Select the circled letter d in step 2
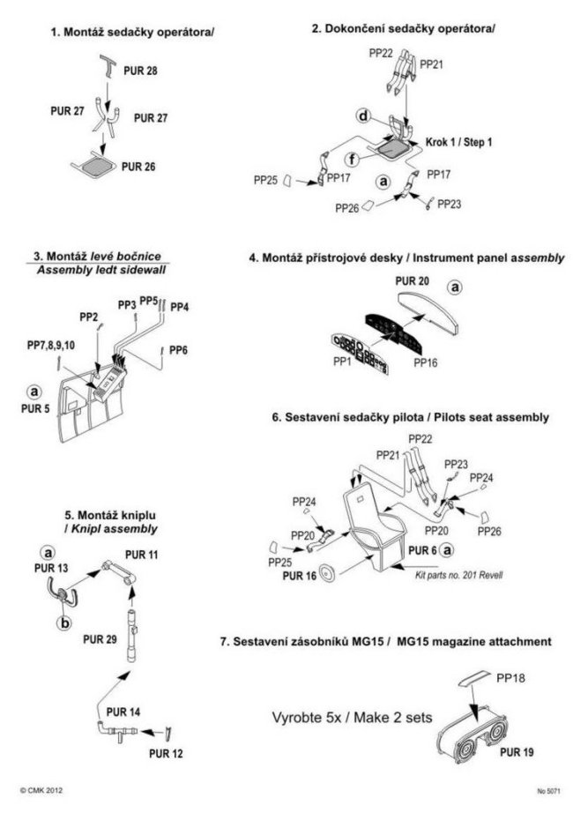point(362,116)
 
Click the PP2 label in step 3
point(88,316)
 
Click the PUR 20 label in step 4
point(414,281)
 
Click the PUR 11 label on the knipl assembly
point(142,554)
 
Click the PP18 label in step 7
point(514,680)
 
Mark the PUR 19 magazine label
point(518,752)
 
